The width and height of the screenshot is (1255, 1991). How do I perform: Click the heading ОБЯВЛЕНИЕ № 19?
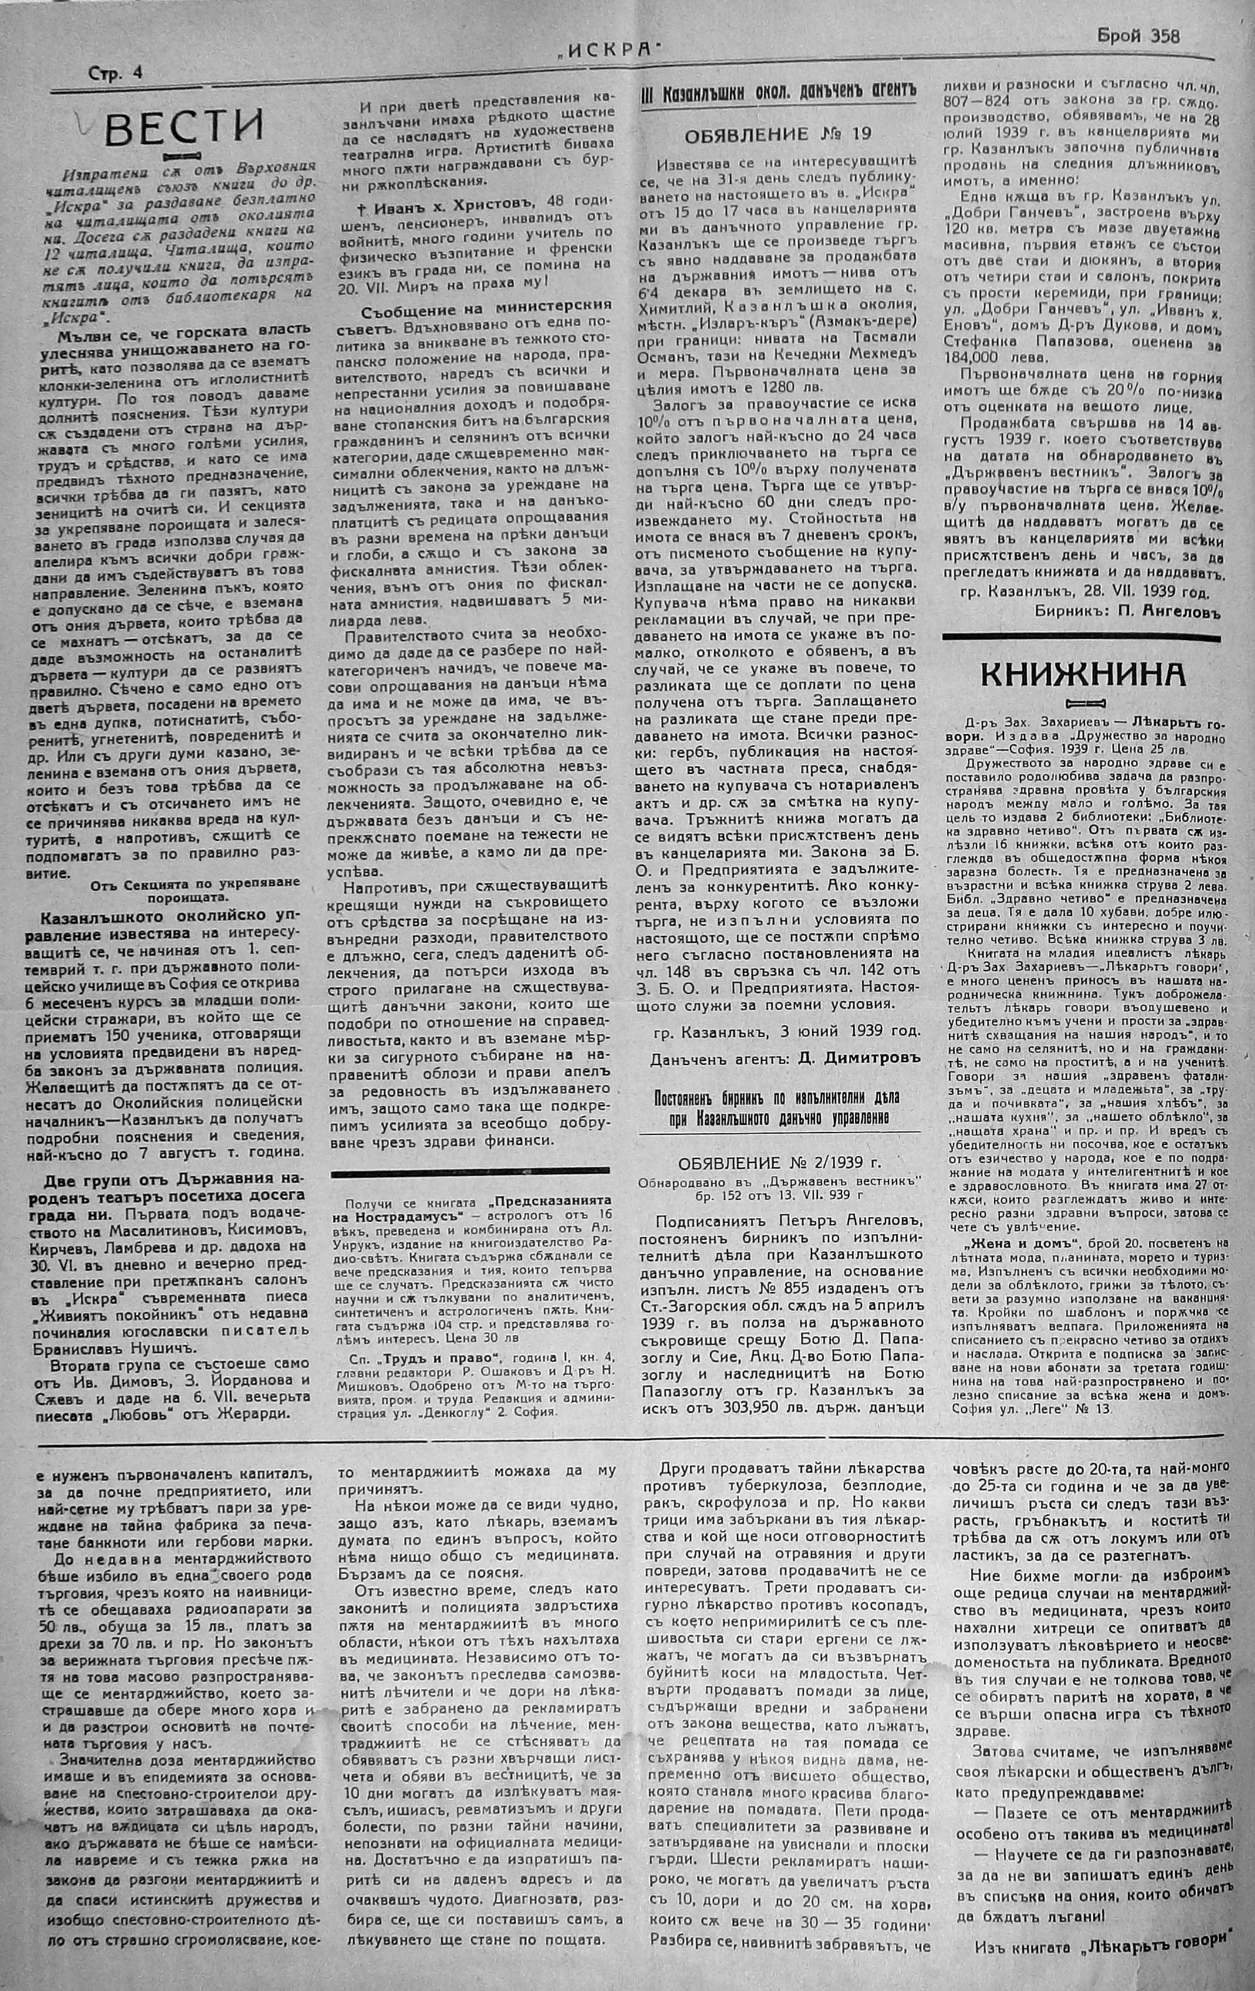coord(778,134)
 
